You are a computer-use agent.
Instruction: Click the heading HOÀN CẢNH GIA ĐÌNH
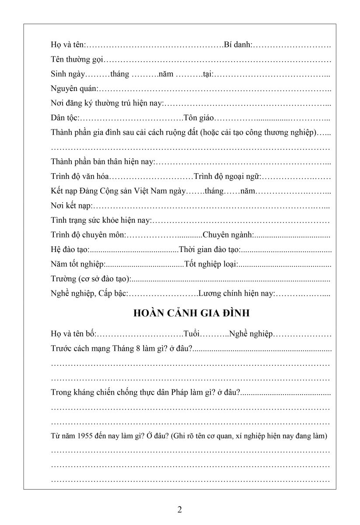tap(191, 313)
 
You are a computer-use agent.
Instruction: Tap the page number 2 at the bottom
tap(180, 509)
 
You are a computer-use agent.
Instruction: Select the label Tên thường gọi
tap(77, 59)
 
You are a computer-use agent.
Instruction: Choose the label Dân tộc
tap(64, 118)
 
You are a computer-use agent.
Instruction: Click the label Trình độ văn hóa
tap(80, 176)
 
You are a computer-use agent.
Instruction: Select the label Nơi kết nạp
tap(72, 206)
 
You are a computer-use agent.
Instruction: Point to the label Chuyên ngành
tap(228, 235)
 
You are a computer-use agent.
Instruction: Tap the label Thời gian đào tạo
tap(210, 250)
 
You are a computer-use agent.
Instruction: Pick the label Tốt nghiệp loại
tap(211, 264)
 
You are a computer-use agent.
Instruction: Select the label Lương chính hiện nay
tap(237, 293)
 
